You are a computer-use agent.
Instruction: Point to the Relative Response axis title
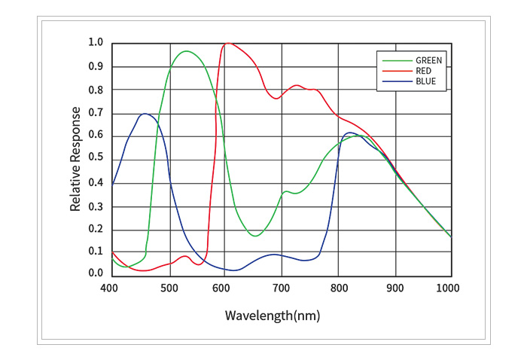coord(76,158)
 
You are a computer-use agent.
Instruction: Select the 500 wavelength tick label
coord(170,287)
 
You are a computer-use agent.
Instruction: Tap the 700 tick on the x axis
coord(282,287)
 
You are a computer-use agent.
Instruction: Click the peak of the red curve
coord(228,43)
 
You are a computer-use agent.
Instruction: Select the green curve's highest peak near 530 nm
coord(185,51)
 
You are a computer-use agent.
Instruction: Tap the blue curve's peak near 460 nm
coord(144,114)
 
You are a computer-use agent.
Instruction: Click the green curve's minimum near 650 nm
coord(255,236)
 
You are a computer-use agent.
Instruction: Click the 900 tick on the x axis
coord(394,287)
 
